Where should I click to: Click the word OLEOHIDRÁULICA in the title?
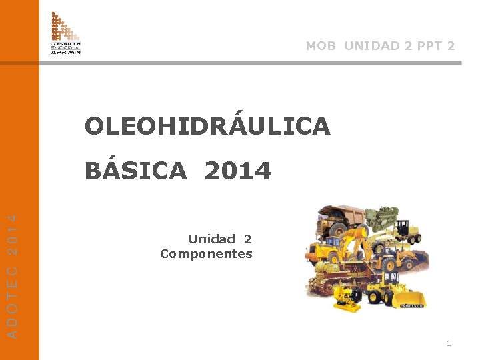point(207,126)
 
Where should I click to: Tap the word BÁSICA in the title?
point(136,171)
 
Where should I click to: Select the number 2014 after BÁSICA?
point(238,171)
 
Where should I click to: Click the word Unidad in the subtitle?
point(212,239)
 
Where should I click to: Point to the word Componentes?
point(206,254)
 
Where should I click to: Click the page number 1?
point(449,343)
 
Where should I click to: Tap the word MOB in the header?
point(321,46)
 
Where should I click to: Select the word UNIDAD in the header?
point(373,46)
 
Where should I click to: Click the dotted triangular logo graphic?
point(64,27)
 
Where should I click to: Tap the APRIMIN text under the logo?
point(65,51)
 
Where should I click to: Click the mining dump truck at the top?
point(341,220)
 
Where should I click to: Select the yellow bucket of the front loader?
point(409,299)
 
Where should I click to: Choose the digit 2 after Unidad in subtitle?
point(248,239)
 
